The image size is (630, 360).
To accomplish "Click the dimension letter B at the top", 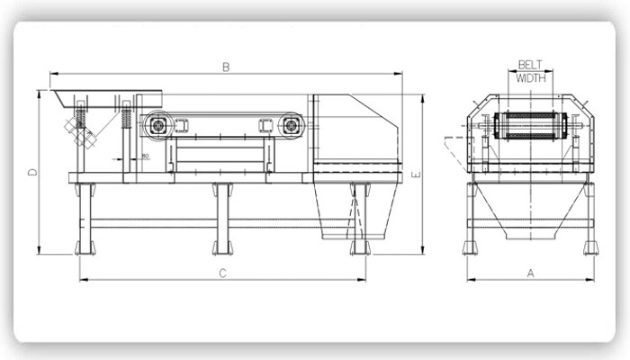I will tap(227, 67).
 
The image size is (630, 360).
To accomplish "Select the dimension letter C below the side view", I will tap(222, 274).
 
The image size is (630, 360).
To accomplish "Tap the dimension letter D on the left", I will tap(31, 172).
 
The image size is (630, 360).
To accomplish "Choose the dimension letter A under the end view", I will tap(530, 273).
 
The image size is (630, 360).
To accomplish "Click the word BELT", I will tap(530, 65).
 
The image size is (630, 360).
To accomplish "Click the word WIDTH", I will tap(530, 77).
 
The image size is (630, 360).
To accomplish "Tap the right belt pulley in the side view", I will tap(290, 125).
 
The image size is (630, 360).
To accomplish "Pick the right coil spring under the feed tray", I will tap(127, 117).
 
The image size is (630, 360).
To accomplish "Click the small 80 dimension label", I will tap(145, 157).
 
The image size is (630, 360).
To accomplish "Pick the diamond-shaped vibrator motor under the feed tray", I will tap(88, 136).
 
